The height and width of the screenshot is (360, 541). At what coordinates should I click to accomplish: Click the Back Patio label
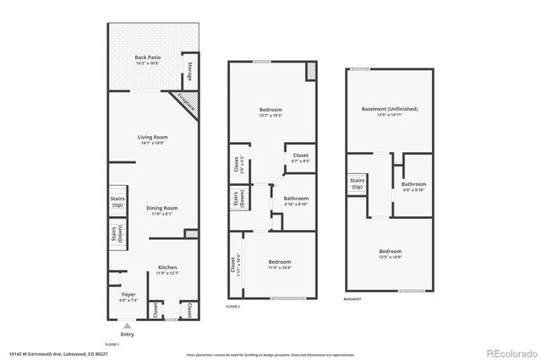coord(148,59)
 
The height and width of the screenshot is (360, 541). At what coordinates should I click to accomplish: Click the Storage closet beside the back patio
coord(189,73)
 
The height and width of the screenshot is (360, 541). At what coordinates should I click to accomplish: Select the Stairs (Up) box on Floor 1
coord(117,203)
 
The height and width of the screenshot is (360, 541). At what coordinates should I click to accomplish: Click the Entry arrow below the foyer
coord(128,325)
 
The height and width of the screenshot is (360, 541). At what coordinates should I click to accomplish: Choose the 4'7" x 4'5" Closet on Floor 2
coord(301,158)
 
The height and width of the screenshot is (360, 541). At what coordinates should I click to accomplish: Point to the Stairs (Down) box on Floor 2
coord(236,199)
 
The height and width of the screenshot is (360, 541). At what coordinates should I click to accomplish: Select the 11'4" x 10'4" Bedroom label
coord(281,265)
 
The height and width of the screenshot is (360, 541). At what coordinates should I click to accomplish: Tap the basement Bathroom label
coord(413,186)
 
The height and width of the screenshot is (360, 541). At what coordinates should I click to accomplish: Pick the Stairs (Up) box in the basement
coord(356,184)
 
